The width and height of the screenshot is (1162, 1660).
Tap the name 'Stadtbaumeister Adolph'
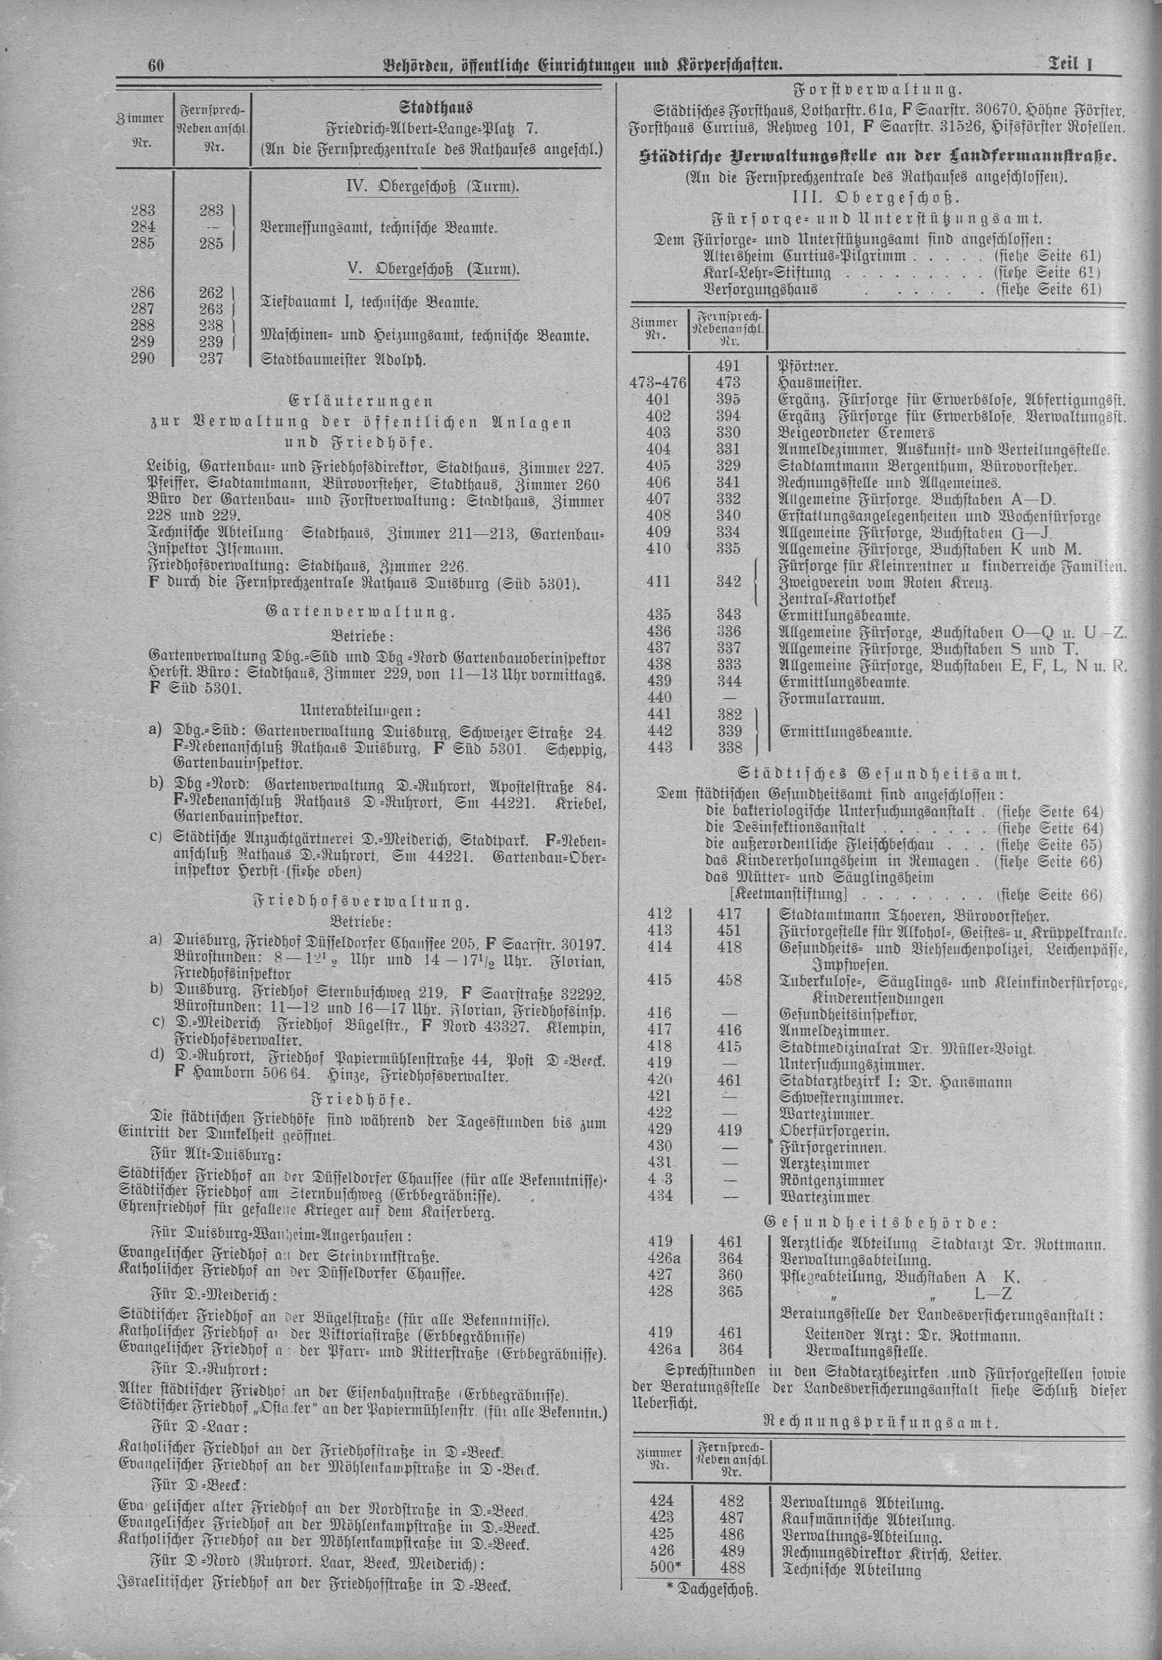click(x=342, y=359)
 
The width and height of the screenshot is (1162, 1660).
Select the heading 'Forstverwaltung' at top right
click(x=877, y=91)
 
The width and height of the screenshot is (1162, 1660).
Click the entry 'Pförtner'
click(x=807, y=366)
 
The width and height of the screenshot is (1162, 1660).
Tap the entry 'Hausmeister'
click(x=819, y=382)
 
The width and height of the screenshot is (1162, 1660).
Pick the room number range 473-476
click(x=659, y=382)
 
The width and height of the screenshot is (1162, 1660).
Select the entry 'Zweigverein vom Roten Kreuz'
click(x=883, y=582)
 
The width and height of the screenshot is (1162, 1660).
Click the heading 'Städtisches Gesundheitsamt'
click(x=877, y=773)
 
